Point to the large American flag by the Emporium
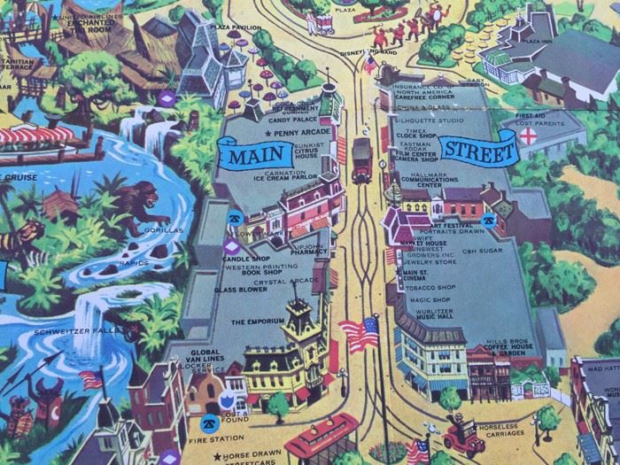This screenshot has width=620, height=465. [x=359, y=336]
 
